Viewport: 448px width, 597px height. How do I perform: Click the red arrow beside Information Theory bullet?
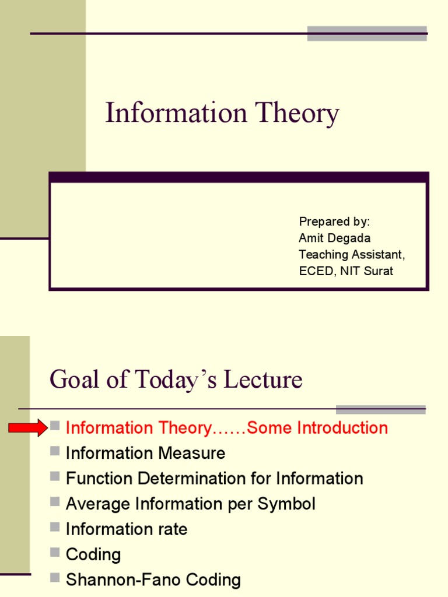click(27, 428)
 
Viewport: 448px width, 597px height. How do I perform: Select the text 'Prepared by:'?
click(334, 222)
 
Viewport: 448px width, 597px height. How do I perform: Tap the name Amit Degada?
click(334, 238)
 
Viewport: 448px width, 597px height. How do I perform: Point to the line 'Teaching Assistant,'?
click(351, 254)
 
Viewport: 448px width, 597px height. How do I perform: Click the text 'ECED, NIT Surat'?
click(346, 271)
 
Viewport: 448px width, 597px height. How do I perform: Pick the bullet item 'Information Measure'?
click(145, 453)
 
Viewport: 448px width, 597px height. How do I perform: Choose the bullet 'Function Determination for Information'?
click(214, 479)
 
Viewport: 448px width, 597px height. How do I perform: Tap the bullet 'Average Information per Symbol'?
click(190, 504)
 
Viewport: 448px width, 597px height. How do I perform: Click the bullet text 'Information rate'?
click(127, 529)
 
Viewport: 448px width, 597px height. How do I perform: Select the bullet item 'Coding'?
click(93, 554)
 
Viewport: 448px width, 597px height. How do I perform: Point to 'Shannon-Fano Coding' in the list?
click(153, 580)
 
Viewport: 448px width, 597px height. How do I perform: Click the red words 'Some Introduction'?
click(317, 428)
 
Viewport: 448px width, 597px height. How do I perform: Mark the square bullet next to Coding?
click(55, 552)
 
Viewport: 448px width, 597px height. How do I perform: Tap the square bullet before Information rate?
click(55, 526)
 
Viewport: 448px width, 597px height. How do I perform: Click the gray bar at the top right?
click(367, 33)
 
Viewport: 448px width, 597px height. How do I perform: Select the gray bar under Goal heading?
click(380, 409)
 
